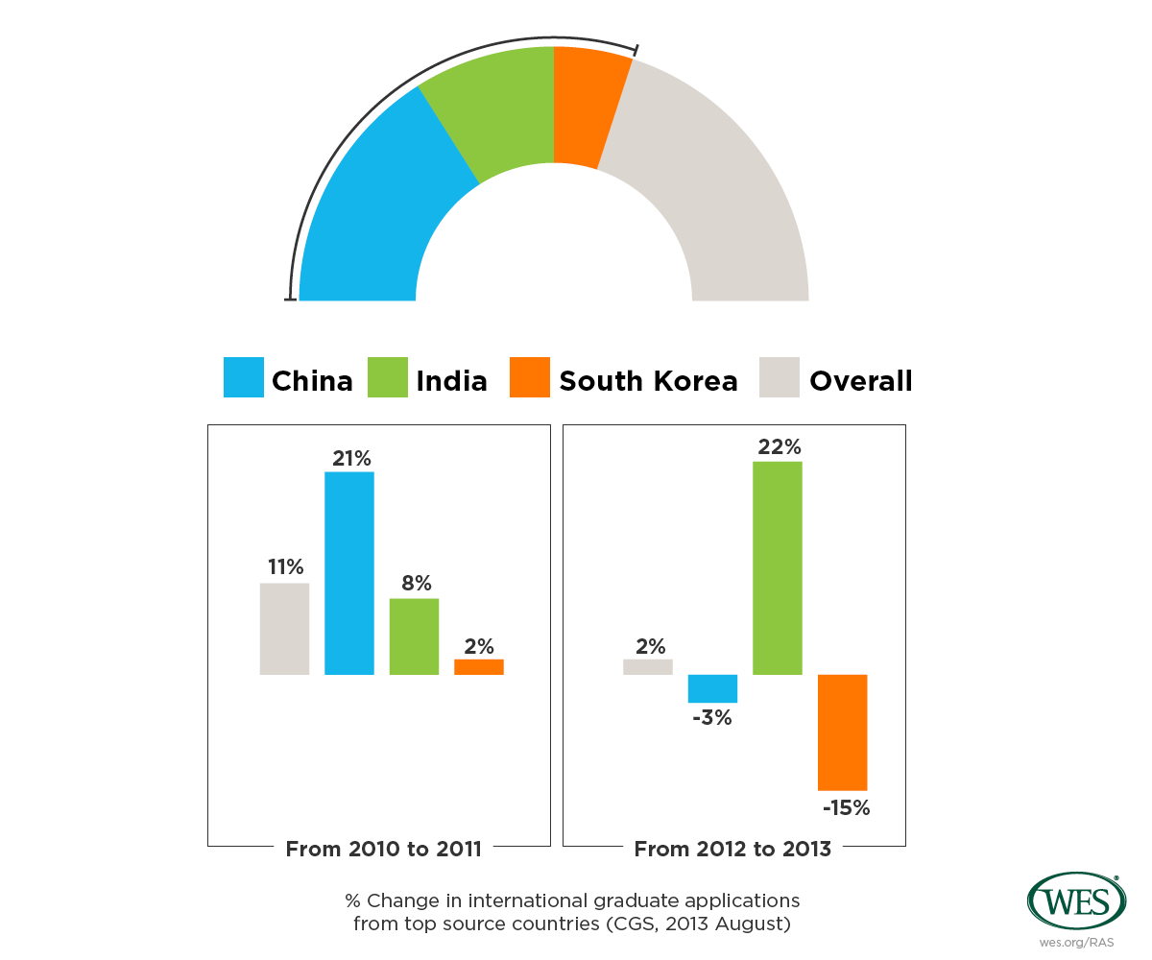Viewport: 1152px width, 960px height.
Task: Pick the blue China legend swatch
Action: pyautogui.click(x=243, y=377)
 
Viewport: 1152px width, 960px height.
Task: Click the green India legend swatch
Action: pyautogui.click(x=388, y=377)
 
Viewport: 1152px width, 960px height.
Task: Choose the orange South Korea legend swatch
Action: pyautogui.click(x=530, y=377)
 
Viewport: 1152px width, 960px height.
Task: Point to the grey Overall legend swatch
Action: pyautogui.click(x=779, y=377)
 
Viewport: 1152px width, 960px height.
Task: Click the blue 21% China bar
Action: pyautogui.click(x=349, y=573)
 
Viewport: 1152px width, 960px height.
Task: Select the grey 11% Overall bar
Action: pyautogui.click(x=284, y=629)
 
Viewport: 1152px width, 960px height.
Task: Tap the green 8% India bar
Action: pyautogui.click(x=414, y=636)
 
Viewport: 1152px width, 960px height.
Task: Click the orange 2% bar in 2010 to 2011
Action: pyautogui.click(x=479, y=667)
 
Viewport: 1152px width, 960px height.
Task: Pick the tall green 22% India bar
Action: pyautogui.click(x=778, y=567)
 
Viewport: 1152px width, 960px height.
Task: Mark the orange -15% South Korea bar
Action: pyautogui.click(x=843, y=732)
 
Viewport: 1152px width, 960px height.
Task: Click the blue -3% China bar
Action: pyautogui.click(x=712, y=688)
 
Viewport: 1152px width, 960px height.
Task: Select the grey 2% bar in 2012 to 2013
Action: pyautogui.click(x=648, y=667)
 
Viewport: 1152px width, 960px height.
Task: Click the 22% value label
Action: pyautogui.click(x=778, y=447)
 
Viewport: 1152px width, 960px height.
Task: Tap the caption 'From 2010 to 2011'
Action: pyautogui.click(x=384, y=849)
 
